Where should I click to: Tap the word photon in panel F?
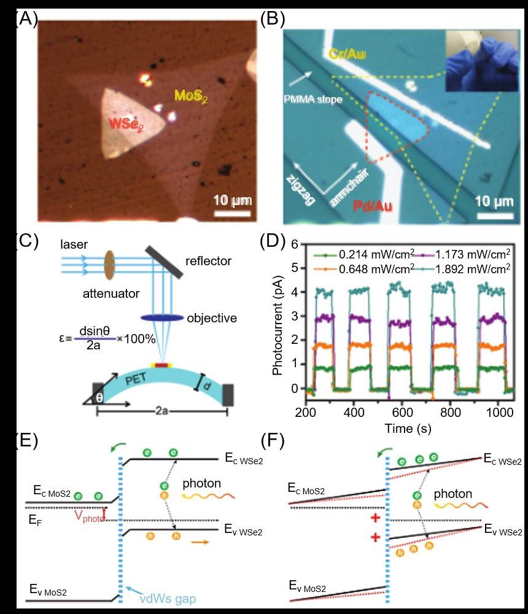point(451,494)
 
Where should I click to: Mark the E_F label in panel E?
point(36,519)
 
